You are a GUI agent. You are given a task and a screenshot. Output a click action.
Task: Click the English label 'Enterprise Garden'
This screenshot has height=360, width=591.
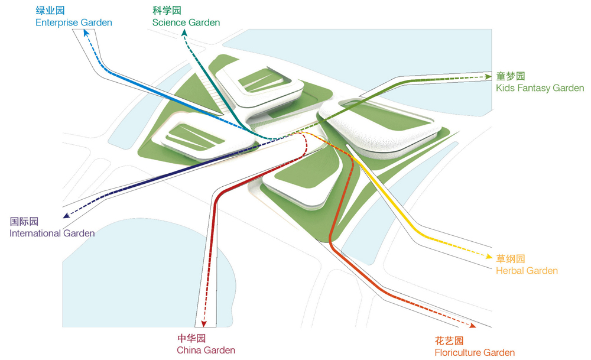point(74,22)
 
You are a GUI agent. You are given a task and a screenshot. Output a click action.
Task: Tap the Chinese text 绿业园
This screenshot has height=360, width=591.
point(50,10)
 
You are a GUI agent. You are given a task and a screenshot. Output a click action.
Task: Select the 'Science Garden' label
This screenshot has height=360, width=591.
point(186,22)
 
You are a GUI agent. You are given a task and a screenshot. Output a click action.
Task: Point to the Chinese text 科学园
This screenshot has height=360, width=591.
point(167,10)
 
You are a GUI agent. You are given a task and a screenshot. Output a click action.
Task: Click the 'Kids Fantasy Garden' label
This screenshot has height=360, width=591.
point(540,88)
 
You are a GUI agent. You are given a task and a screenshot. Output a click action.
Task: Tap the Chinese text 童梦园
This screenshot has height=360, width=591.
point(511,76)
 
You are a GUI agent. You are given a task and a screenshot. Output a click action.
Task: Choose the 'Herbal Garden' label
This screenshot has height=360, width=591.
point(527,271)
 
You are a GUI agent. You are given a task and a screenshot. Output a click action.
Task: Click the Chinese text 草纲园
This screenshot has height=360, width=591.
point(511,258)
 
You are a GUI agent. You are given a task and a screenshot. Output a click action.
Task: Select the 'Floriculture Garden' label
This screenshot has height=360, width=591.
point(475,353)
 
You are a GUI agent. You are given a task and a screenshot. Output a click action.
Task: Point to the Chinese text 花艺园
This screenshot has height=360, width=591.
point(449,340)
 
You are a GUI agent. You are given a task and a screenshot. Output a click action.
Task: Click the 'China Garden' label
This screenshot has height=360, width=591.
point(206,350)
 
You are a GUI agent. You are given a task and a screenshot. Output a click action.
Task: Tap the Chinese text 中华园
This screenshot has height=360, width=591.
point(191,338)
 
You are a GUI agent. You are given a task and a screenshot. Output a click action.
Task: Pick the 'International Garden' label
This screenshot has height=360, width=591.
point(52,233)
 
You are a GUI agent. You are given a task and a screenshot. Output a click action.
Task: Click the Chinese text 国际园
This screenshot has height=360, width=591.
point(24,221)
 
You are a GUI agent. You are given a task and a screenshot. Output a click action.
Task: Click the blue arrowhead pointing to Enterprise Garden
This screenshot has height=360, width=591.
point(86,33)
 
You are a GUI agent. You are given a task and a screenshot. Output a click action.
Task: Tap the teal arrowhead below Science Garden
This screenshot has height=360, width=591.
point(184,33)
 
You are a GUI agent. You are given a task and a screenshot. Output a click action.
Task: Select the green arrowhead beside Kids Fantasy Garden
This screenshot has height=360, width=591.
point(489,76)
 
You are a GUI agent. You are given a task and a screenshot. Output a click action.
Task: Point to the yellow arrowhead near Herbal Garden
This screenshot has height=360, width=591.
point(489,257)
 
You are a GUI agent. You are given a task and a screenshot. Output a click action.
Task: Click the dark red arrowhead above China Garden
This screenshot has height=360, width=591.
point(204,324)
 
